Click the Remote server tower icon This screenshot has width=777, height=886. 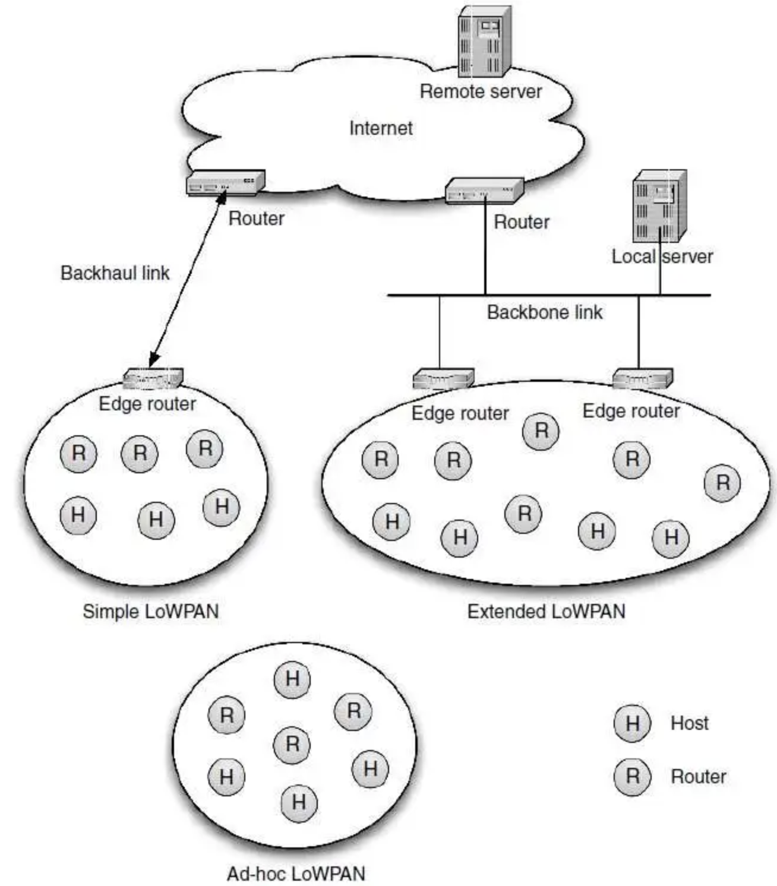485,42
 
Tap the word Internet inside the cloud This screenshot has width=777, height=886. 381,128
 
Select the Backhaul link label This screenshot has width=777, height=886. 115,273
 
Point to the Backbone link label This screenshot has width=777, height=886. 545,312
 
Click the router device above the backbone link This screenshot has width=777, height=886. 484,190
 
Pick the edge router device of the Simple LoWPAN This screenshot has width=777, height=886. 153,378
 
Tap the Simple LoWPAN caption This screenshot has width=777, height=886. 150,611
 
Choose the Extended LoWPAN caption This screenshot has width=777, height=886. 546,611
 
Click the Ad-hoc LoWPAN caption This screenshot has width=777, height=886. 296,874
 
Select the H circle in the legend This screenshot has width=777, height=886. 633,723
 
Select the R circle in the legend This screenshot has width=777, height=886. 633,776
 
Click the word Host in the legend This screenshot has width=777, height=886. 690,723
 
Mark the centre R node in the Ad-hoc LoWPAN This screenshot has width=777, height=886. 292,744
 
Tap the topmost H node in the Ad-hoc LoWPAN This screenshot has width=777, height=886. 292,679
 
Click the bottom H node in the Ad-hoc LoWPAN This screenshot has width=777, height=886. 299,803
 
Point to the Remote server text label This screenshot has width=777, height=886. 481,91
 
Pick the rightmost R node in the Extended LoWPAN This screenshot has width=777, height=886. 722,483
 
